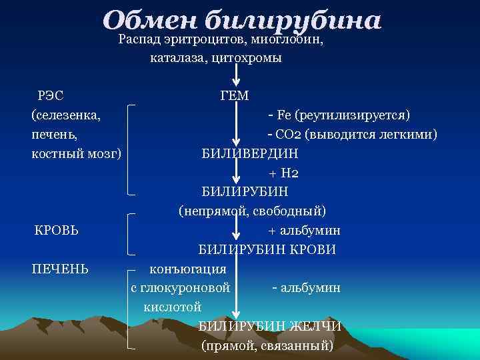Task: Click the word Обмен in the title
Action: point(150,20)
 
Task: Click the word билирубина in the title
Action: point(293,20)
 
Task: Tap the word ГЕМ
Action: point(234,96)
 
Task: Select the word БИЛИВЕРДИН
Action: point(250,153)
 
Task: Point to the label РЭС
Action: point(51,96)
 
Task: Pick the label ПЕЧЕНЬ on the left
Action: point(61,269)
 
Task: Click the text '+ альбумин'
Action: point(304,231)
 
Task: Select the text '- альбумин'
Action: point(306,288)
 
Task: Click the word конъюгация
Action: point(188,269)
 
